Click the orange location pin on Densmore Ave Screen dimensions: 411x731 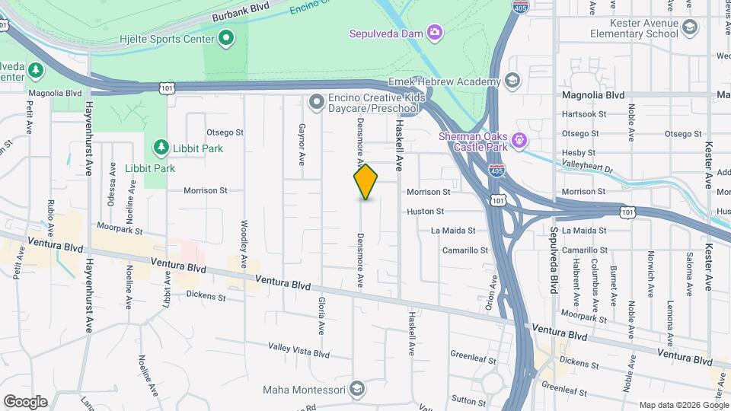click(x=365, y=182)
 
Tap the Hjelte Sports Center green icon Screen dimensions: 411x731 click(x=226, y=37)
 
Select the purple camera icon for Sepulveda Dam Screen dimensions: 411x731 click(x=435, y=32)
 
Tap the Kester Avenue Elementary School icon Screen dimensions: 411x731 click(x=690, y=29)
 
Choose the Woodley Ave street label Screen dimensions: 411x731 click(x=244, y=244)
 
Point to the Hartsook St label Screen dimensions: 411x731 click(x=583, y=114)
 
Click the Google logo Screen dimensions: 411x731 click(x=24, y=401)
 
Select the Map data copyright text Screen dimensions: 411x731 click(x=682, y=405)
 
